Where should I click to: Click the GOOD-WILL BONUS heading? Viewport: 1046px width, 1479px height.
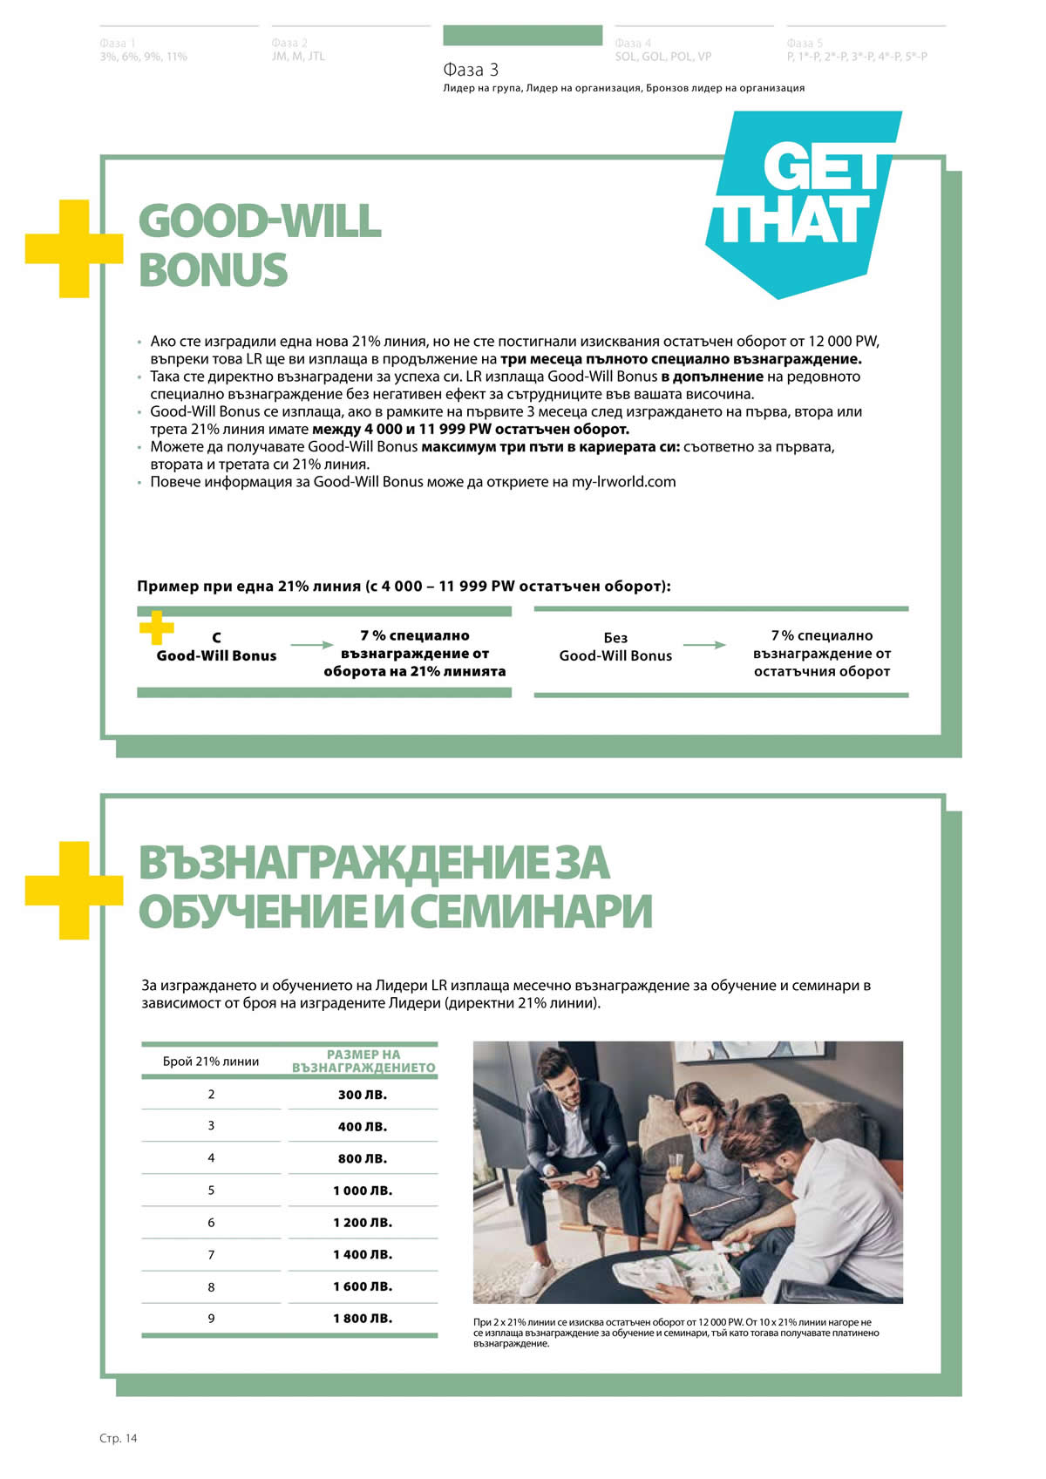260,245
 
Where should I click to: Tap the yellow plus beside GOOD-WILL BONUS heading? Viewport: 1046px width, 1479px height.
73,248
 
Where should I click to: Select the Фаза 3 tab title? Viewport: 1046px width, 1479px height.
471,70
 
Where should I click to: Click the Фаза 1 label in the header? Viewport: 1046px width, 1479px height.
118,43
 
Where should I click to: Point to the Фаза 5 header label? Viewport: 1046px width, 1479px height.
805,43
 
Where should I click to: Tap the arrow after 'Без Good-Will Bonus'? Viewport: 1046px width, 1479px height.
704,645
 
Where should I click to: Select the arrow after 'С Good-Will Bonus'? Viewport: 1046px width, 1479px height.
311,645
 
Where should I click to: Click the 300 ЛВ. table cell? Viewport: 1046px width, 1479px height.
363,1095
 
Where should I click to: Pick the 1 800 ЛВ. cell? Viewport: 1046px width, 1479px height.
363,1319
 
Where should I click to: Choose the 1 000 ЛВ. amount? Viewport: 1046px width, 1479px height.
363,1191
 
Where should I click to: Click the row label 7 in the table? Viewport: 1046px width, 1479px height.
211,1255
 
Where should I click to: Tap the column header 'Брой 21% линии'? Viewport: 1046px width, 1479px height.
211,1062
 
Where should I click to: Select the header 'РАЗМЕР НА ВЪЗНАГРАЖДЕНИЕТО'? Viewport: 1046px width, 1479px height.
363,1061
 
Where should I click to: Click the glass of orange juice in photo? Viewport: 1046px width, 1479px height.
676,1165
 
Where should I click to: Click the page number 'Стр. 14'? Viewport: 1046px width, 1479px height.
119,1438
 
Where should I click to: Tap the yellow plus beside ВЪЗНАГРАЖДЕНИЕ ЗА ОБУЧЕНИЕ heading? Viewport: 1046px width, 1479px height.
73,890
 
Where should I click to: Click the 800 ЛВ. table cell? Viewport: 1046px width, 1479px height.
363,1158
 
